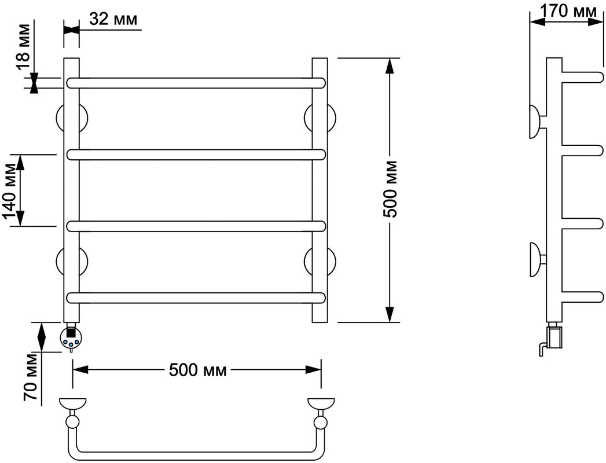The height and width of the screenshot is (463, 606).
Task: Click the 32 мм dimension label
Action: (x=113, y=19)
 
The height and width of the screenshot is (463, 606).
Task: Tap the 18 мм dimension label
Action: (x=23, y=47)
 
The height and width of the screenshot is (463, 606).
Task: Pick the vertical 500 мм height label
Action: (x=391, y=189)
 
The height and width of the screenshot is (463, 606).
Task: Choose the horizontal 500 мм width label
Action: (x=198, y=370)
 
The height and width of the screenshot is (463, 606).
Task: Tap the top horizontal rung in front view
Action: (x=196, y=83)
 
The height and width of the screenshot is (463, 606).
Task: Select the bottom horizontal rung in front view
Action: (x=196, y=298)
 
